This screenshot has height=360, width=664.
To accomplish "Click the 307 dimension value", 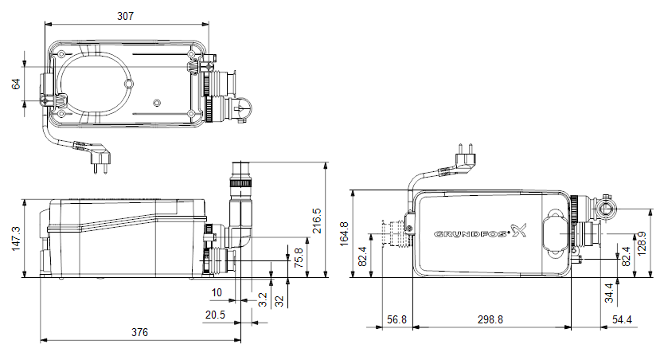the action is (x=125, y=16).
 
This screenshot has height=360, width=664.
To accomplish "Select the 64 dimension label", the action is (x=16, y=84).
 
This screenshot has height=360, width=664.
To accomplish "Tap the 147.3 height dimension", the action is (x=16, y=238).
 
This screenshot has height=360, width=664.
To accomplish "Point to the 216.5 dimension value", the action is (x=316, y=221).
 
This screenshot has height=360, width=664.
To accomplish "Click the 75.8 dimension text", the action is (x=299, y=257).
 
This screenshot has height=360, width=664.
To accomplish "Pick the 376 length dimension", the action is (x=140, y=332).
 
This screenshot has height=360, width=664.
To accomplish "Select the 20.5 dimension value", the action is (x=215, y=315).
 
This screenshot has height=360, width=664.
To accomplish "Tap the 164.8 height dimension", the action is (x=344, y=233).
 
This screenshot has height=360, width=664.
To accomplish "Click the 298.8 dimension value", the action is (x=490, y=319).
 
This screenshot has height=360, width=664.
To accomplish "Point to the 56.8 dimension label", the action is (x=396, y=319).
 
